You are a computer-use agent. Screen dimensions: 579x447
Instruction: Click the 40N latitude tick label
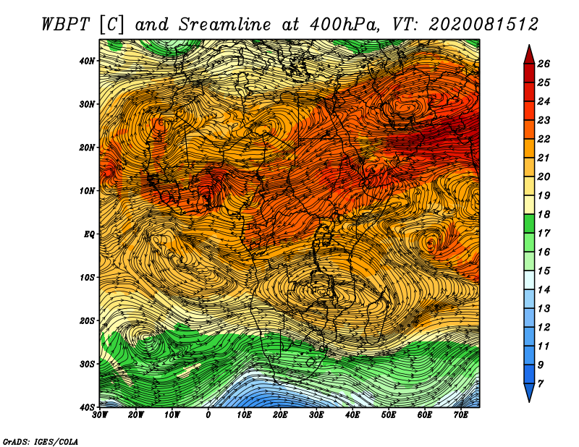[87, 61]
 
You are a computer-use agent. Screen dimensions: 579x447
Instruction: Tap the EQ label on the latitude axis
[89, 234]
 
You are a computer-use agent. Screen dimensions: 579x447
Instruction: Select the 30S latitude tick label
[87, 364]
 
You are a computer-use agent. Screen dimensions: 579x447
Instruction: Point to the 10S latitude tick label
[87, 277]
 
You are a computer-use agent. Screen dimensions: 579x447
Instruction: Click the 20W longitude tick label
[136, 415]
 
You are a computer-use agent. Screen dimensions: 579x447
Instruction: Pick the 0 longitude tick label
[208, 415]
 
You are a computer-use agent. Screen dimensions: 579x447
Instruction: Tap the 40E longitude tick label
[352, 415]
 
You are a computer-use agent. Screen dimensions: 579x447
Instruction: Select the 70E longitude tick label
[461, 415]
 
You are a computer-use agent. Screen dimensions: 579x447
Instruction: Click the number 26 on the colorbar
[544, 64]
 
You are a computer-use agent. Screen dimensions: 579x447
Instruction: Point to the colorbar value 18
[544, 214]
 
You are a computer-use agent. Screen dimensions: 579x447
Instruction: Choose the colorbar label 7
[541, 384]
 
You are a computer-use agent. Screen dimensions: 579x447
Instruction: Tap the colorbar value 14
[544, 290]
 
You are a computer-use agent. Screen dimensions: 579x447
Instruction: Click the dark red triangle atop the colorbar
[529, 56]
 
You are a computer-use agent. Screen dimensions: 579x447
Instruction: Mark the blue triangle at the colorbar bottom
[529, 391]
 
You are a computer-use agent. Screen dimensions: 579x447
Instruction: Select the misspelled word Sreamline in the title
[225, 25]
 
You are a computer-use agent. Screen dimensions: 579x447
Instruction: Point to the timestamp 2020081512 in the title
[483, 25]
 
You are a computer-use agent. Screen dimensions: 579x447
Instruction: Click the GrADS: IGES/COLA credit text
[41, 442]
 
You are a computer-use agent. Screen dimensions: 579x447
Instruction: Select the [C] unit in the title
[112, 25]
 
